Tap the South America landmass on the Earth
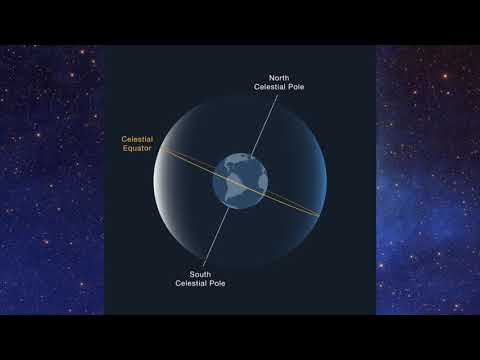pos(238,189)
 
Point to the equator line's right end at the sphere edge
pos(320,212)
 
